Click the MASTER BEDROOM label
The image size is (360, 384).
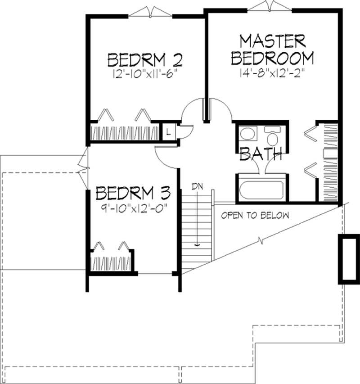(275, 49)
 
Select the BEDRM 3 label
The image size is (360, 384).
(133, 194)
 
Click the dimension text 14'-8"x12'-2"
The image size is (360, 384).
(276, 73)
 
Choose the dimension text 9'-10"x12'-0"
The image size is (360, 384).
(134, 208)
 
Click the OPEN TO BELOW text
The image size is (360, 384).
(255, 215)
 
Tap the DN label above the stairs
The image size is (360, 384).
(197, 185)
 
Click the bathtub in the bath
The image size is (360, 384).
(261, 190)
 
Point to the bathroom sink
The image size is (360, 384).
(247, 134)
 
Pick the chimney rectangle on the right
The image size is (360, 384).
(348, 258)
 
